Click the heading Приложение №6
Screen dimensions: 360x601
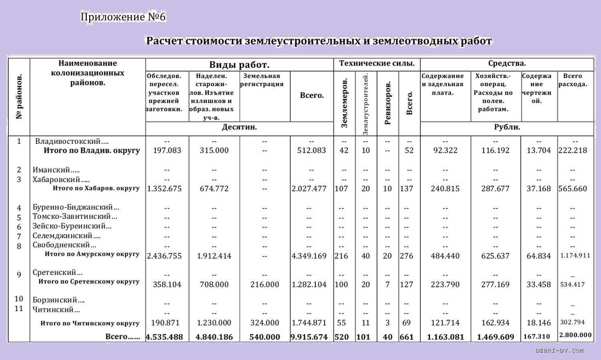tap(123, 17)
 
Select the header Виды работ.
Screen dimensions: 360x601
tap(239, 65)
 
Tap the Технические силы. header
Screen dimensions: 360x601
tap(377, 63)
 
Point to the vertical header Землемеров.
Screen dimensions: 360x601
tap(344, 103)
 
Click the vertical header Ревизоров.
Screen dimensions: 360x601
tap(387, 103)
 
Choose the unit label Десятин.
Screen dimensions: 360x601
tap(239, 127)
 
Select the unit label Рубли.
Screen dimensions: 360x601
tap(507, 127)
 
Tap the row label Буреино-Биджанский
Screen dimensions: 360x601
tap(76, 207)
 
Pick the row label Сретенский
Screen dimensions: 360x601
tap(57, 273)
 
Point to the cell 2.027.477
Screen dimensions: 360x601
tap(309, 189)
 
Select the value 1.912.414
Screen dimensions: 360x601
tap(214, 256)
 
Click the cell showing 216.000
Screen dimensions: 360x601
tap(264, 285)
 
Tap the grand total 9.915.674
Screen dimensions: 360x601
tap(309, 337)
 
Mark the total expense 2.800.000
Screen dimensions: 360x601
tap(575, 335)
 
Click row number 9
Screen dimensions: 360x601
tap(19, 275)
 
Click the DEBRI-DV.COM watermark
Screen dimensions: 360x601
tap(559, 351)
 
